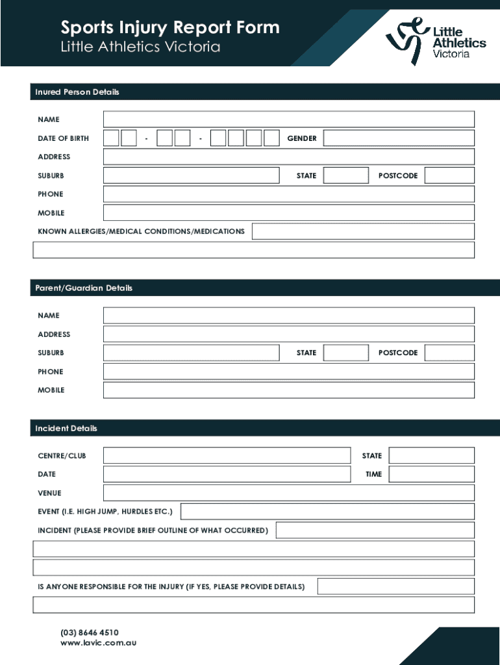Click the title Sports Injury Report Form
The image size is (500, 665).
(x=170, y=28)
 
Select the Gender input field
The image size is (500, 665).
(x=399, y=138)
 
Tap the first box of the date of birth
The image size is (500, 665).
(x=111, y=138)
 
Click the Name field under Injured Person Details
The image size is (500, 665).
(x=288, y=119)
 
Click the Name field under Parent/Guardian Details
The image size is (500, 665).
(x=288, y=316)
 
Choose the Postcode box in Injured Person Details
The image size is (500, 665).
(x=449, y=175)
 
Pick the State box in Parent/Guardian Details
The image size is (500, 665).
(x=345, y=353)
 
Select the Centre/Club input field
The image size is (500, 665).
(x=227, y=456)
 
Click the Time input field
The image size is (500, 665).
(x=431, y=474)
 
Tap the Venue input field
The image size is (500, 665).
(x=288, y=493)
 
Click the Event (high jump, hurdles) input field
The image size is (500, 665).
(x=327, y=512)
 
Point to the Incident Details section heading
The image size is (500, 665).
(x=66, y=429)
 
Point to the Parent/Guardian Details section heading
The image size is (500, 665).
(x=84, y=288)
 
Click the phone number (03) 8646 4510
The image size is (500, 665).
(x=90, y=633)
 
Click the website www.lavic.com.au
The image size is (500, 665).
(x=98, y=643)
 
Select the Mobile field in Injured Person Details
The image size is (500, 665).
(x=288, y=213)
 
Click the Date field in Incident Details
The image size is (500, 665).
(x=227, y=474)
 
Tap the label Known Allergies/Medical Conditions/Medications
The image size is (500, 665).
(x=141, y=231)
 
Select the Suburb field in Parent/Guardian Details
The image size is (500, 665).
(x=191, y=353)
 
